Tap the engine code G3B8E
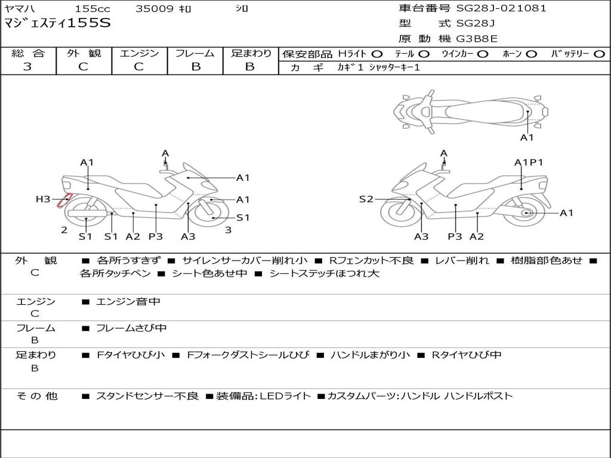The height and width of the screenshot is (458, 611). pos(477,39)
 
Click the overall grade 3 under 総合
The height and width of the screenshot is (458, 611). pos(27,67)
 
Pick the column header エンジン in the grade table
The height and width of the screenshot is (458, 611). pos(139,53)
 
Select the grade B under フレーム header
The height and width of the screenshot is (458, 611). pos(195,67)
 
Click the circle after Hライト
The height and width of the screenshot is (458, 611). pos(377,54)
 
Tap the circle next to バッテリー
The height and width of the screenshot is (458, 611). pos(599,54)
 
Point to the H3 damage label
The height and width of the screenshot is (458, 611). pos(43,199)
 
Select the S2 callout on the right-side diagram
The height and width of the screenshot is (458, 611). pos(366,199)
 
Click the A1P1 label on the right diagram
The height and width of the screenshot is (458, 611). pos(529,162)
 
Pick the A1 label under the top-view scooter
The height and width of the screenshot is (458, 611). pos(527,138)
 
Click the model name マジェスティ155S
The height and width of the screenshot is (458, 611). pos(57,24)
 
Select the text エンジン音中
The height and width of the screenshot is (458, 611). pos(128,302)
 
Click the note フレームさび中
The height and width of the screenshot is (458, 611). pos(131,328)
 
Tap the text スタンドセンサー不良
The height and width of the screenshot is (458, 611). pos(147,396)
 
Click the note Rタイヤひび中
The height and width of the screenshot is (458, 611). pos(466,355)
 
